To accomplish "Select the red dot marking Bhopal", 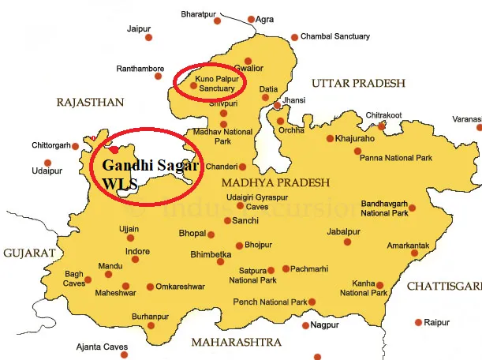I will pos(211,234).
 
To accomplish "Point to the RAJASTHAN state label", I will pos(91,103).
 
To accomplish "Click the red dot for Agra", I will pos(252,19).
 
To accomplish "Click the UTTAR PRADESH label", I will pos(358,83).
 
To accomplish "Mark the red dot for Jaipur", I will pos(148,37).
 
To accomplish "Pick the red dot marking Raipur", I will pos(418,322).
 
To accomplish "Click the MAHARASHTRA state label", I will pos(236,342).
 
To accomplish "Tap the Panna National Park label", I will pos(396,158).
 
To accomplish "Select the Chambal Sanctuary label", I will pos(335,36).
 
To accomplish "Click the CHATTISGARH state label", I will pos(444,286).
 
